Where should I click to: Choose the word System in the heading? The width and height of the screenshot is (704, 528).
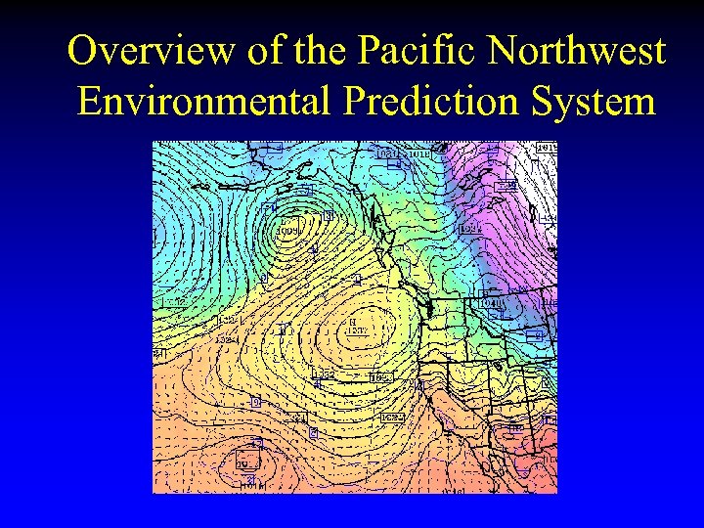tap(600, 101)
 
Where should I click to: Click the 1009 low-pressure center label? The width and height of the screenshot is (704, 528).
tap(290, 232)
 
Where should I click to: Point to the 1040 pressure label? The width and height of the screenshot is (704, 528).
tap(492, 304)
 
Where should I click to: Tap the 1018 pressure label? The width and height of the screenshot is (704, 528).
tap(418, 153)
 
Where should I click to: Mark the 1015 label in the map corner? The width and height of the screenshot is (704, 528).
tap(545, 148)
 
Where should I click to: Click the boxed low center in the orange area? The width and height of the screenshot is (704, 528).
tap(246, 463)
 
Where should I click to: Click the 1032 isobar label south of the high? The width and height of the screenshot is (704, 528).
tap(324, 374)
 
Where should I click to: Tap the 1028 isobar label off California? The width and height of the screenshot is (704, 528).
tap(392, 418)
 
